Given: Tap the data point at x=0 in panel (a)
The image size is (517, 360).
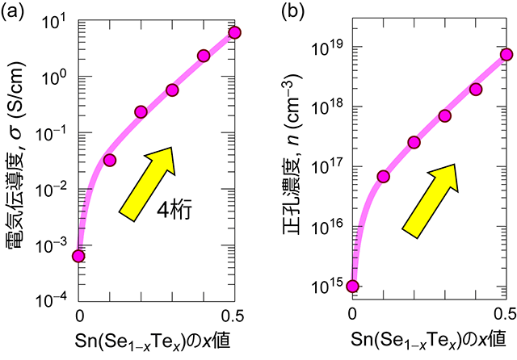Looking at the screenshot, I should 78,256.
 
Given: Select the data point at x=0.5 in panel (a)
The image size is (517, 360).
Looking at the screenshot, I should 235,32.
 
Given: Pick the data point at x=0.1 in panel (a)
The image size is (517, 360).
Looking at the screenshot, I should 110,160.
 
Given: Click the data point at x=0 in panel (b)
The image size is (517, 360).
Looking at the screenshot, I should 352,286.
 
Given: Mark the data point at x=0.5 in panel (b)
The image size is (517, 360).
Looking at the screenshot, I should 506,55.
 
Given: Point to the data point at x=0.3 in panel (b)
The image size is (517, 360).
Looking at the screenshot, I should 445,115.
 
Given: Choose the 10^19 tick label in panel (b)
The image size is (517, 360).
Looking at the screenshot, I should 326,48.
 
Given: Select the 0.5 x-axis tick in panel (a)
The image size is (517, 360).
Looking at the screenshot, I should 234,313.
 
